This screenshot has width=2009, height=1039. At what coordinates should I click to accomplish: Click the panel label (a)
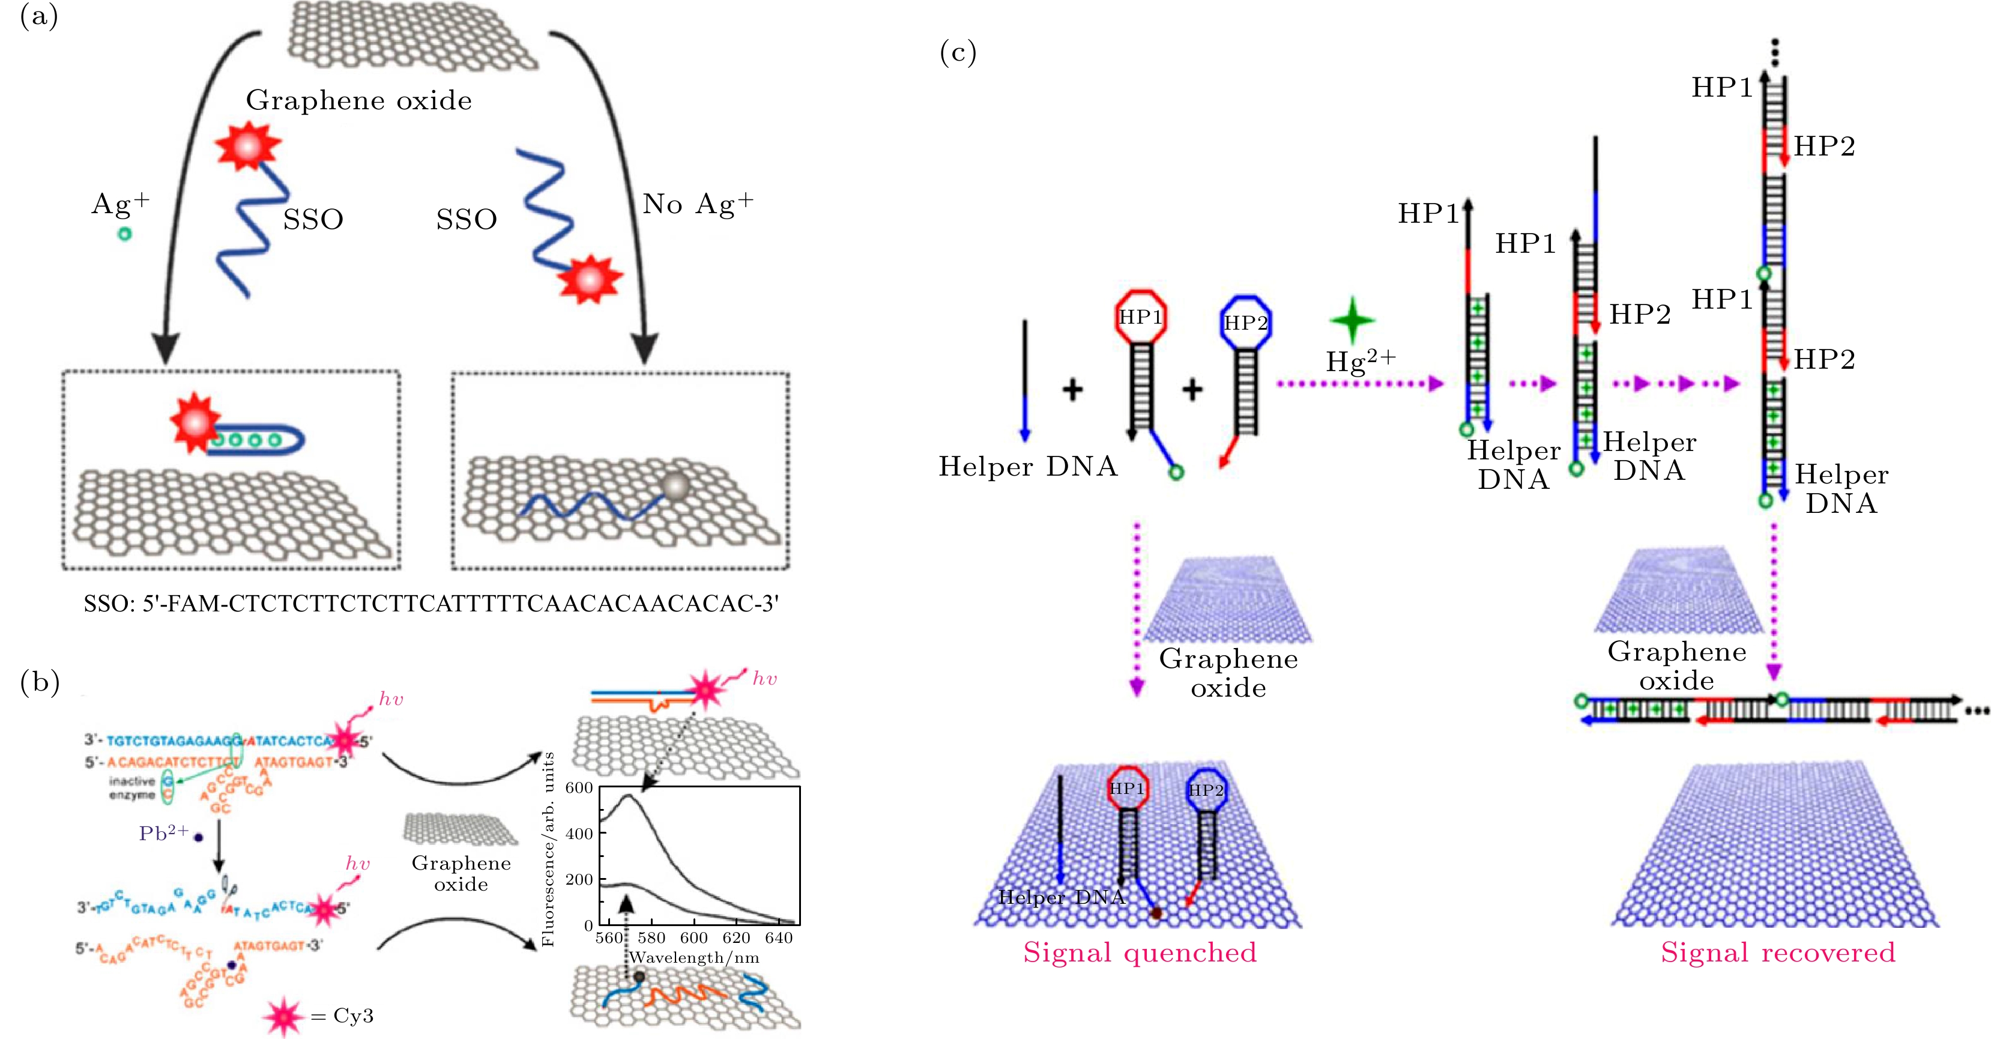point(39,16)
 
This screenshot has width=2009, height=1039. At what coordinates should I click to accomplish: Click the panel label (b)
point(40,682)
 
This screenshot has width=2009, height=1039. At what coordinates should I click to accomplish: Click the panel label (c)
point(958,52)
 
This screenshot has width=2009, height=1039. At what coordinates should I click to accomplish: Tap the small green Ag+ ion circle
point(124,233)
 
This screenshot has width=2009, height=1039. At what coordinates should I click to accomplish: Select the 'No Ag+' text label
point(697,204)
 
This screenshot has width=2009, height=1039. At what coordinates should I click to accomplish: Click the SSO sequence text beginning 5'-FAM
point(431,604)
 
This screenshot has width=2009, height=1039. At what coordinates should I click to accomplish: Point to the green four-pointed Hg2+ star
point(1352,320)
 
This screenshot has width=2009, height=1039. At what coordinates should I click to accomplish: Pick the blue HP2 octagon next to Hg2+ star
point(1245,322)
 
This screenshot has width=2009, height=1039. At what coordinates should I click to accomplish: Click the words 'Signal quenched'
point(1140,953)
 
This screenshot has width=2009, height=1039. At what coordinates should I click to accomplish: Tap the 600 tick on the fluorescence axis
point(579,788)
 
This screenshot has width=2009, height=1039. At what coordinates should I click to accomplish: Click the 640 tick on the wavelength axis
point(778,938)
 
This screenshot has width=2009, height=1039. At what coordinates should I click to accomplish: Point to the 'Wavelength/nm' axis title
point(694,958)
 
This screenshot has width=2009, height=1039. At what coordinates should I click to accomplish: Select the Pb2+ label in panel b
point(165,833)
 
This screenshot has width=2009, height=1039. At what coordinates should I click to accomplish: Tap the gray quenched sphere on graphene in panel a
point(675,486)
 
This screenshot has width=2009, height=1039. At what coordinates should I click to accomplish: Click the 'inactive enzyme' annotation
point(132,788)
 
